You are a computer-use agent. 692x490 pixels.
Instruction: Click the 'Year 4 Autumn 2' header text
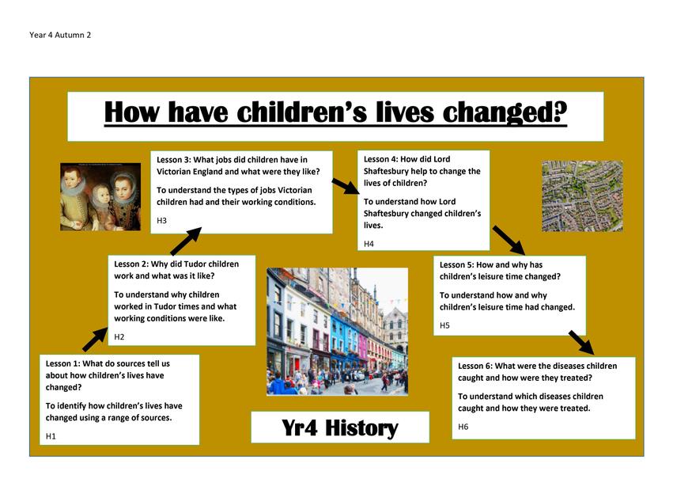click(60, 35)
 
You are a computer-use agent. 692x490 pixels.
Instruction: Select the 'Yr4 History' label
click(340, 427)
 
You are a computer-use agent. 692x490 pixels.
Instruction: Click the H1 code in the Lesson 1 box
click(51, 436)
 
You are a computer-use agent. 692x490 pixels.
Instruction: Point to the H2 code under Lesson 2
click(119, 337)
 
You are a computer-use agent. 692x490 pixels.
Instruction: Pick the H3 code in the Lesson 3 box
click(161, 221)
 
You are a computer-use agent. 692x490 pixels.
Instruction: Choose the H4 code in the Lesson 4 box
click(369, 244)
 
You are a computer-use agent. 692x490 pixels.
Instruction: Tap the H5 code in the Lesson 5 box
click(444, 325)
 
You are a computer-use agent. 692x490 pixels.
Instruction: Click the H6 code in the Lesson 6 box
click(463, 427)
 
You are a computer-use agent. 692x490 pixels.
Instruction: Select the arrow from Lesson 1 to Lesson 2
click(95, 340)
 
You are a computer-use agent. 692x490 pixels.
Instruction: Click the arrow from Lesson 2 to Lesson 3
click(186, 241)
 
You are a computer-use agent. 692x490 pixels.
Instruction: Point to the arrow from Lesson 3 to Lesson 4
click(346, 186)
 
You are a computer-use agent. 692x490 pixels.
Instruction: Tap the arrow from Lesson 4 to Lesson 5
click(509, 241)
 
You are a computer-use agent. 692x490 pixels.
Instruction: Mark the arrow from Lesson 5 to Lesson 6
click(581, 343)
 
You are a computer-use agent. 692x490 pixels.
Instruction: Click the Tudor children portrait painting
click(100, 196)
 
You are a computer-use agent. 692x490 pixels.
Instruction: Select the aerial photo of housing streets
click(582, 196)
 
